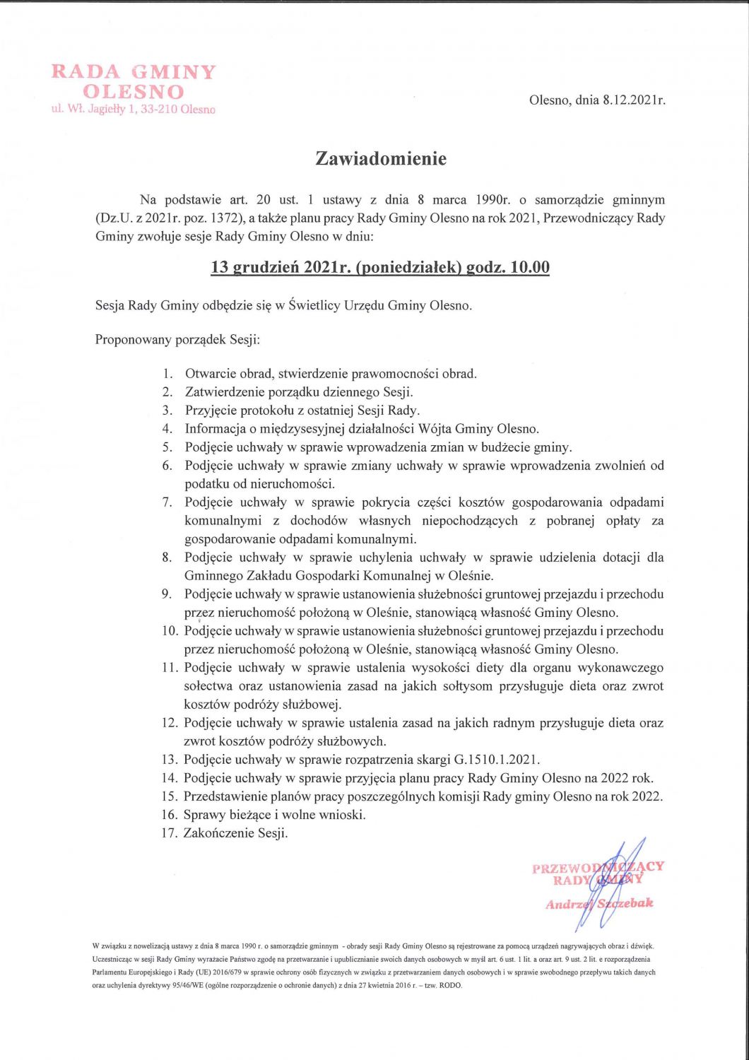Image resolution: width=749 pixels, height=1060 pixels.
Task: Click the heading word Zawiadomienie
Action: pyautogui.click(x=381, y=158)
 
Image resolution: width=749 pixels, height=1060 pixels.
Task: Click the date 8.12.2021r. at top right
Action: pyautogui.click(x=634, y=100)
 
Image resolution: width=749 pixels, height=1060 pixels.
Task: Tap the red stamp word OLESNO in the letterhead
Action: pyautogui.click(x=134, y=92)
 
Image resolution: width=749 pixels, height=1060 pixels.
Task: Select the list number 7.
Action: pyautogui.click(x=167, y=502)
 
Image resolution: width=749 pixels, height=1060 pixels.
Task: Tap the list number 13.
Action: pyautogui.click(x=169, y=760)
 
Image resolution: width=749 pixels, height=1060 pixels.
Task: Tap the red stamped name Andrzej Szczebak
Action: pyautogui.click(x=599, y=904)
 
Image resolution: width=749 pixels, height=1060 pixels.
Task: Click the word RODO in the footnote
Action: pyautogui.click(x=450, y=985)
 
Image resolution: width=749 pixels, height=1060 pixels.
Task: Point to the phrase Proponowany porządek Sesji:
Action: pyautogui.click(x=178, y=340)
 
